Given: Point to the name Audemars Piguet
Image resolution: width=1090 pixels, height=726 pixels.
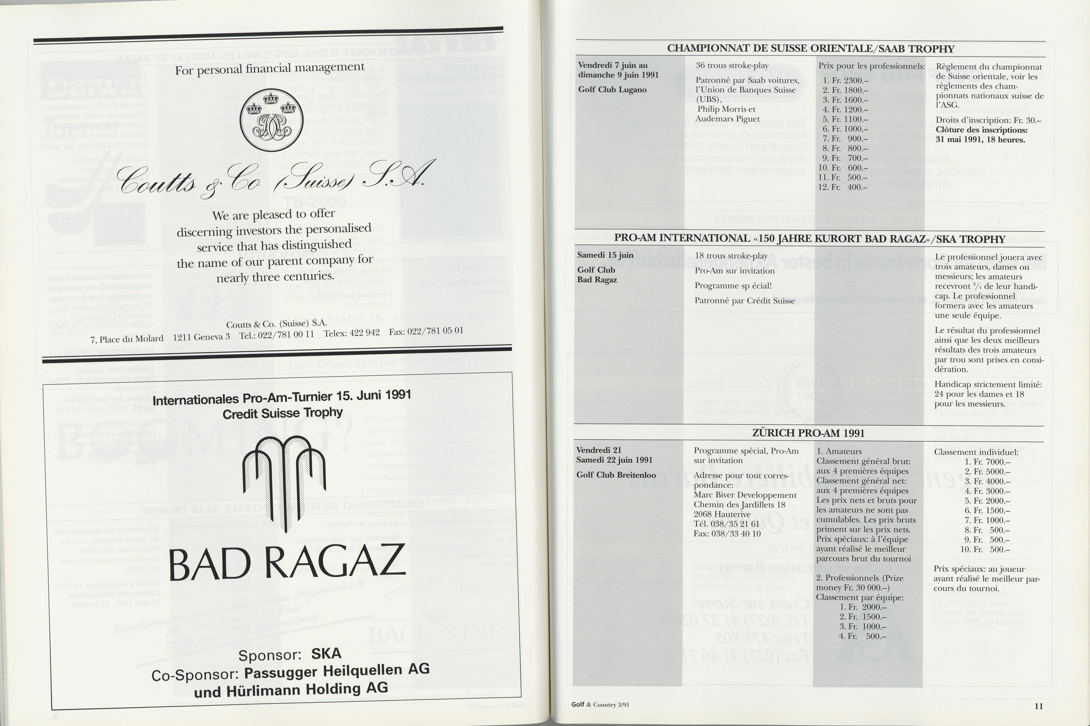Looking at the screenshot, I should click(x=728, y=119).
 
